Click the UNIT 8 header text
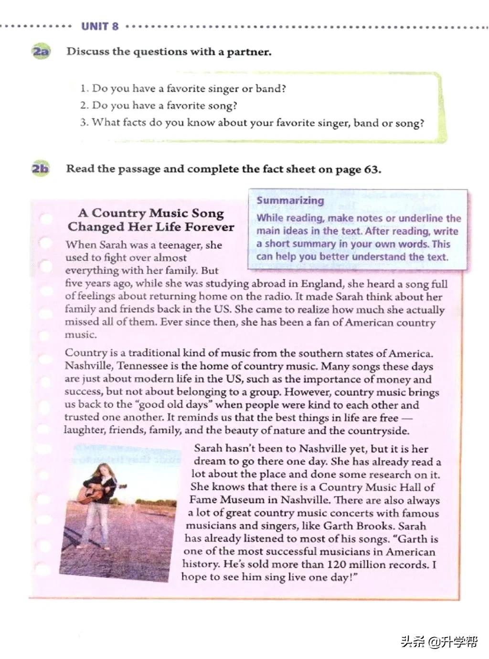100,26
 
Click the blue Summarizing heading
290,200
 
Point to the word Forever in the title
210,227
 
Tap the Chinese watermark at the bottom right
439,641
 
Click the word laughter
84,431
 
